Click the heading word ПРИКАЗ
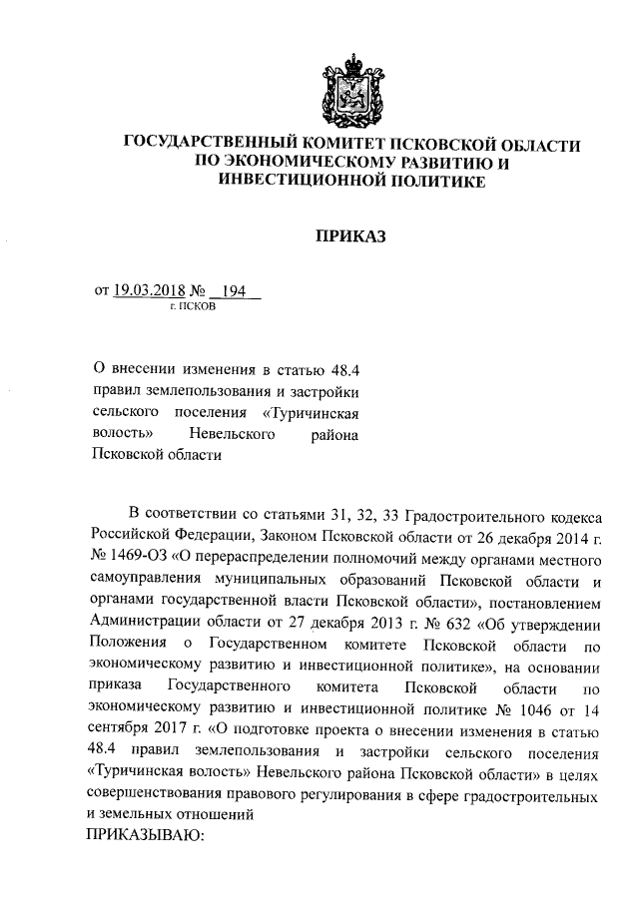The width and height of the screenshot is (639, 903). coord(349,236)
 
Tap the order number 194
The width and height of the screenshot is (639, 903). coord(234,291)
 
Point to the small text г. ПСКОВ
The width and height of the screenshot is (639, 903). coord(192,307)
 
